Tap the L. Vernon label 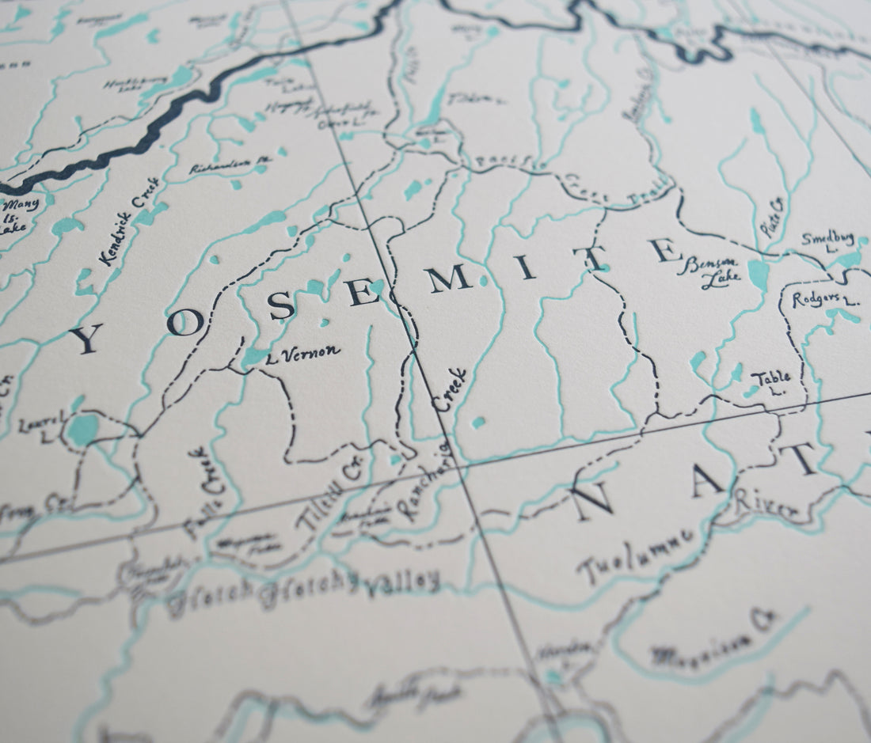point(304,351)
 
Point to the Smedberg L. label point(827,242)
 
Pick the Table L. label point(770,382)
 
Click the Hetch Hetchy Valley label point(305,589)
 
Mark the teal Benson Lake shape point(759,275)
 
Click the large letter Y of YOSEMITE point(86,339)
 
